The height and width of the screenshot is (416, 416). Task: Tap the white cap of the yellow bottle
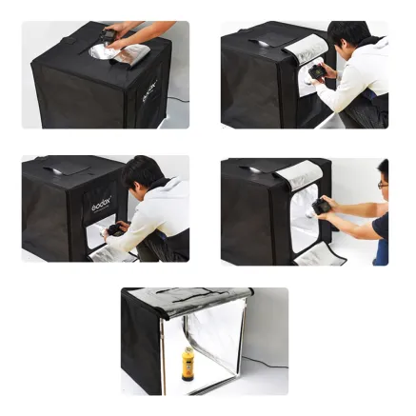click(188, 349)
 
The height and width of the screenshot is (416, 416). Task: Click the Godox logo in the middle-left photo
click(101, 205)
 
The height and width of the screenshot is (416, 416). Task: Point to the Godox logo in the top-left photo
click(150, 89)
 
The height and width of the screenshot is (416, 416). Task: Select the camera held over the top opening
click(112, 39)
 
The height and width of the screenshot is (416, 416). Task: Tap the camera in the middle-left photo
click(118, 228)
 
